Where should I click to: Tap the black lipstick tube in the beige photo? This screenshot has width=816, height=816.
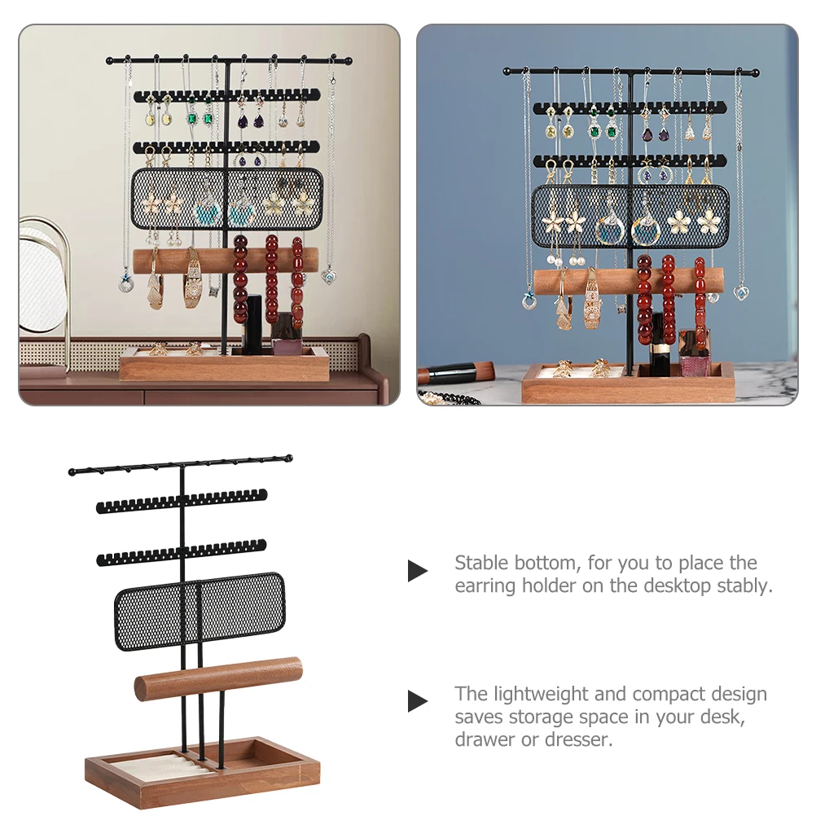point(254,324)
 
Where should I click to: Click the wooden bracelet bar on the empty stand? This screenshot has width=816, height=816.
point(218,679)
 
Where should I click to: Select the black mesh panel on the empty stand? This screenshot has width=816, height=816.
point(200,611)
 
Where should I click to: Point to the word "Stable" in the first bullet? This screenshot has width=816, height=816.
point(481,563)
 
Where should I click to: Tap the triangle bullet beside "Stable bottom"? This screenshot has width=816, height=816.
point(418,571)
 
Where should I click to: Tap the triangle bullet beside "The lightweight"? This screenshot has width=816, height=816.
point(418,701)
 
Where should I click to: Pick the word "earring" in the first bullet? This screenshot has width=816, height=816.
point(485,586)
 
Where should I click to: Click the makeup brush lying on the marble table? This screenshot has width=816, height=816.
point(455,371)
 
